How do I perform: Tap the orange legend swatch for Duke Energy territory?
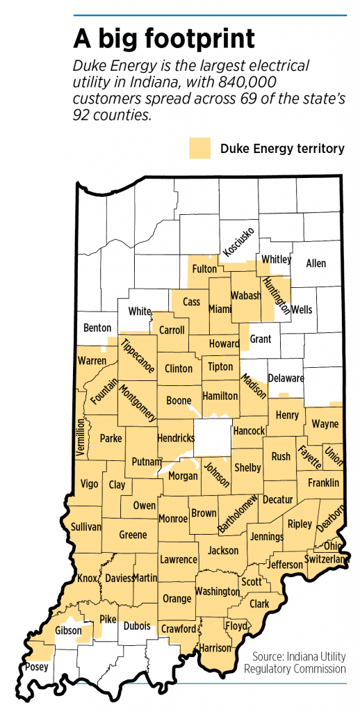(199, 148)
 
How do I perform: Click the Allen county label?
(316, 264)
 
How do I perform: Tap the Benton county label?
(97, 326)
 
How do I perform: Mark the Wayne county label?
(325, 423)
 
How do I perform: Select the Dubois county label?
(136, 626)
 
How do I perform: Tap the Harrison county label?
(215, 647)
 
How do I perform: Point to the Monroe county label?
(173, 519)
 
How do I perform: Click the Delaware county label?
(286, 378)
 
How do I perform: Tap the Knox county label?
(88, 578)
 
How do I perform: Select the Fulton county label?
(204, 268)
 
